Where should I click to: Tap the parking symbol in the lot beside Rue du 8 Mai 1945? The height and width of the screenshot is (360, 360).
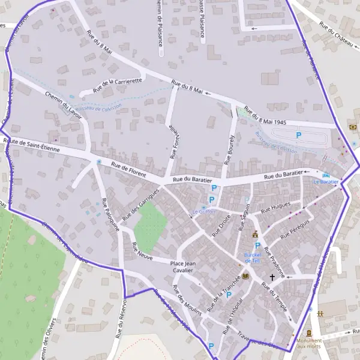click(x=298, y=136)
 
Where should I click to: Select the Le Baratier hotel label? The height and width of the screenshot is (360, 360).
click(x=326, y=181)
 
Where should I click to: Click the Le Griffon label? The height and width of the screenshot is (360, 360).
click(x=204, y=212)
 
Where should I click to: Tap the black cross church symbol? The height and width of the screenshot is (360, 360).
click(x=272, y=277)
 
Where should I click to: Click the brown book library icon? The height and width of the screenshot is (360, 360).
click(x=245, y=277)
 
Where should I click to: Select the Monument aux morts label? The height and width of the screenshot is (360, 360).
click(x=309, y=344)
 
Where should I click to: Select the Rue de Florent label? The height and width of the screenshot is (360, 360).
click(x=129, y=169)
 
